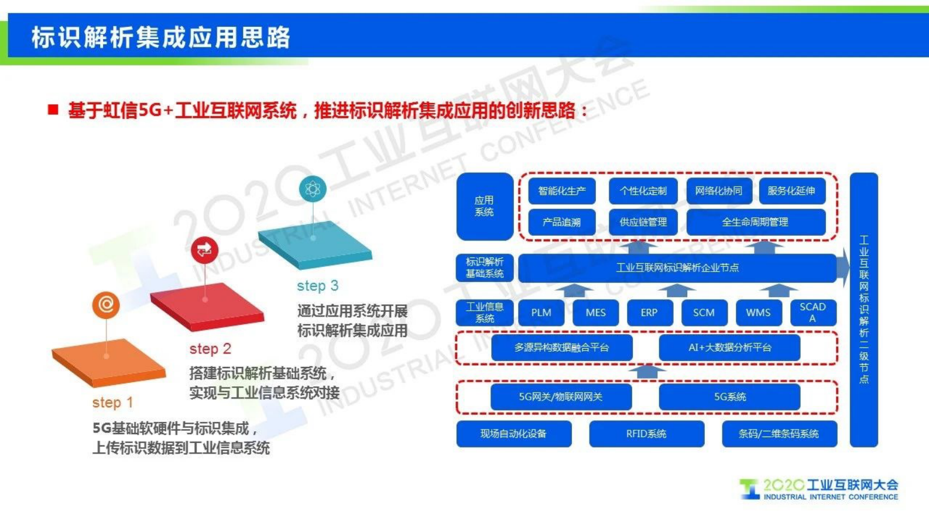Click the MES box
tap(595, 312)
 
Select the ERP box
tap(649, 312)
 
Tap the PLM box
tap(541, 312)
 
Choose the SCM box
tap(704, 312)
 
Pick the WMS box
tap(758, 312)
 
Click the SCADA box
tap(813, 312)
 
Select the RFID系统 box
tap(646, 434)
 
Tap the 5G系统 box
tap(729, 397)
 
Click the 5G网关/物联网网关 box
tap(561, 397)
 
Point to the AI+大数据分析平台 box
tap(729, 348)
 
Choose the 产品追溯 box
tap(561, 222)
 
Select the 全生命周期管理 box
tap(755, 222)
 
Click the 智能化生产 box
tap(561, 191)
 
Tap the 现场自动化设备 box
tap(513, 434)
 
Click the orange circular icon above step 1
tap(106, 305)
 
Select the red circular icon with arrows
tap(204, 250)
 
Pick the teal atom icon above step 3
tap(313, 189)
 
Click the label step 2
tap(210, 349)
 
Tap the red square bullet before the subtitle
tap(53, 110)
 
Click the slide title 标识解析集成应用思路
tap(161, 37)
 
